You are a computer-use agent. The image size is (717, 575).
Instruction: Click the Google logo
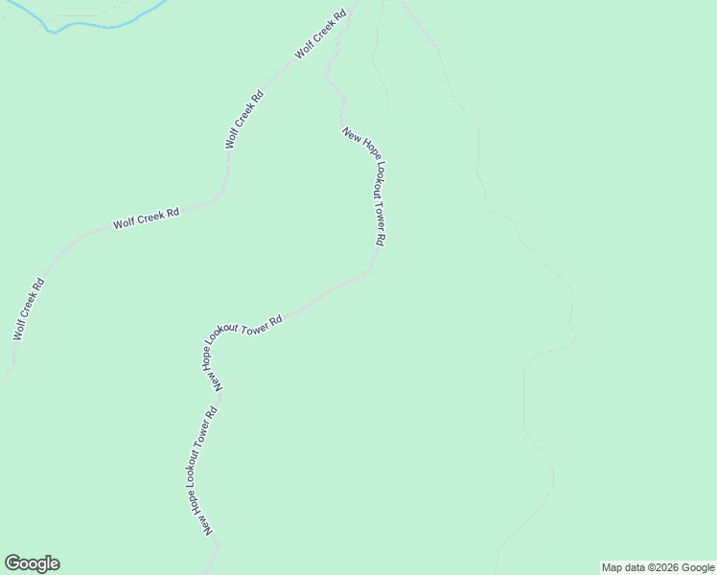pyautogui.click(x=32, y=563)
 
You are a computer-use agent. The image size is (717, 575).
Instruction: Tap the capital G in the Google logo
pyautogui.click(x=12, y=563)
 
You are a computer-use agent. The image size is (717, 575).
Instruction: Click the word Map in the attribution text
pyautogui.click(x=613, y=567)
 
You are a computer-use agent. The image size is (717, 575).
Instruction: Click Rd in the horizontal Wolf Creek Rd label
pyautogui.click(x=173, y=213)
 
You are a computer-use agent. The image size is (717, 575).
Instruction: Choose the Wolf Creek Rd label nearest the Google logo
pyautogui.click(x=28, y=310)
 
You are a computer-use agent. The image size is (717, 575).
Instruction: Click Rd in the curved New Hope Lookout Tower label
pyautogui.click(x=278, y=318)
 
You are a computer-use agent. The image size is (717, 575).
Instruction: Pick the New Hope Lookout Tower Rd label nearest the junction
pyautogui.click(x=365, y=188)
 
